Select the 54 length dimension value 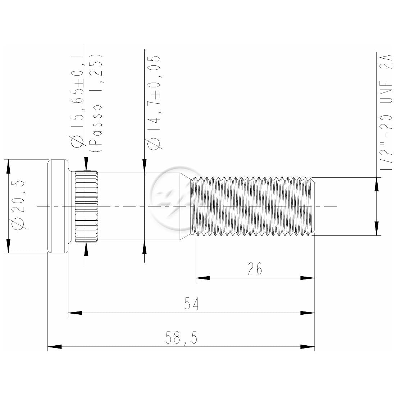click(191, 304)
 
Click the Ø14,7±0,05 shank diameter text click(154, 103)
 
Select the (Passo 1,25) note click(96, 103)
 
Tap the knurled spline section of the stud click(86, 206)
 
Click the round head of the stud click(58, 206)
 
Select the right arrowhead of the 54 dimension click(308, 313)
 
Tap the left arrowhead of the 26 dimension click(202, 278)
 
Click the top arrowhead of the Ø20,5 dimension click(8, 166)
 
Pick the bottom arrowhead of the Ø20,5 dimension click(8, 246)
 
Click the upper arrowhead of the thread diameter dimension click(377, 184)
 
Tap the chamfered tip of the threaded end click(313, 206)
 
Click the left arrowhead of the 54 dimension click(75, 313)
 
